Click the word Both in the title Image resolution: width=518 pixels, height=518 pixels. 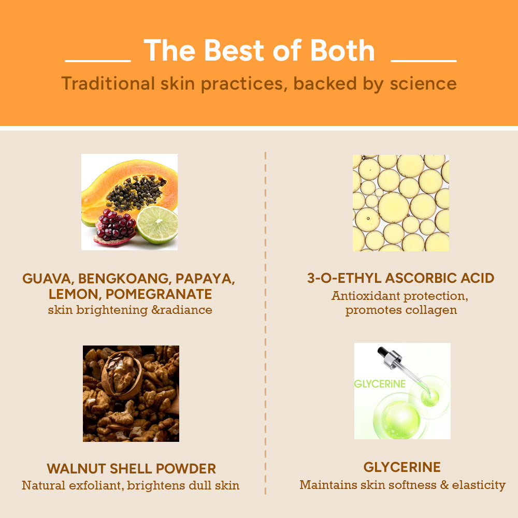[x=341, y=51]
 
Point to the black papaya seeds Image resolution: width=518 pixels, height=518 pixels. [x=136, y=193]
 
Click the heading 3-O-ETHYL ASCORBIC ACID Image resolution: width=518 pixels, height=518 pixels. [x=400, y=278]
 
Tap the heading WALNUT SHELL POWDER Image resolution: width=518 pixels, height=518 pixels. [x=131, y=469]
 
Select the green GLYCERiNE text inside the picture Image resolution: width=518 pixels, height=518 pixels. [x=380, y=384]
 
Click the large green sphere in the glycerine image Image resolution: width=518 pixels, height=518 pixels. [x=400, y=418]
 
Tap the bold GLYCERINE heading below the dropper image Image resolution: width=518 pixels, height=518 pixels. [x=402, y=467]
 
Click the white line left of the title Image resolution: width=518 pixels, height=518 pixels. [x=98, y=61]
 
